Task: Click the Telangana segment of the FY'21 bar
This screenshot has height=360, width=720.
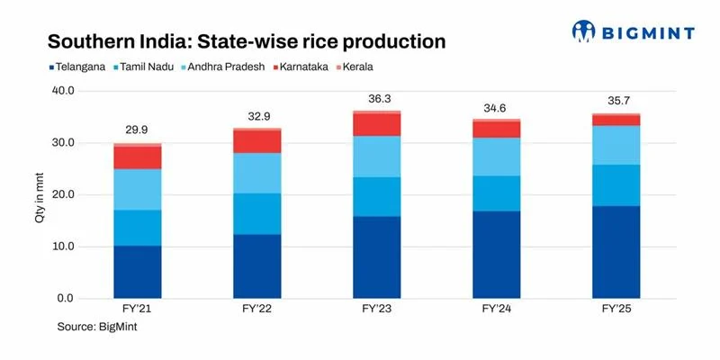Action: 138,272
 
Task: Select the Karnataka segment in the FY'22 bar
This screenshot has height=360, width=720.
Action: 256,141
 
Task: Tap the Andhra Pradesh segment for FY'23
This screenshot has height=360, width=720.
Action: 376,156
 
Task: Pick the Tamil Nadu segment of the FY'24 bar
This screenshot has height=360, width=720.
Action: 496,193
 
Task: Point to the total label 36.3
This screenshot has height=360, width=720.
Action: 376,100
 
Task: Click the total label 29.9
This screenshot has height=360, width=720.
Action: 138,132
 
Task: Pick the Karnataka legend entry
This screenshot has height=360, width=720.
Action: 301,67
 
